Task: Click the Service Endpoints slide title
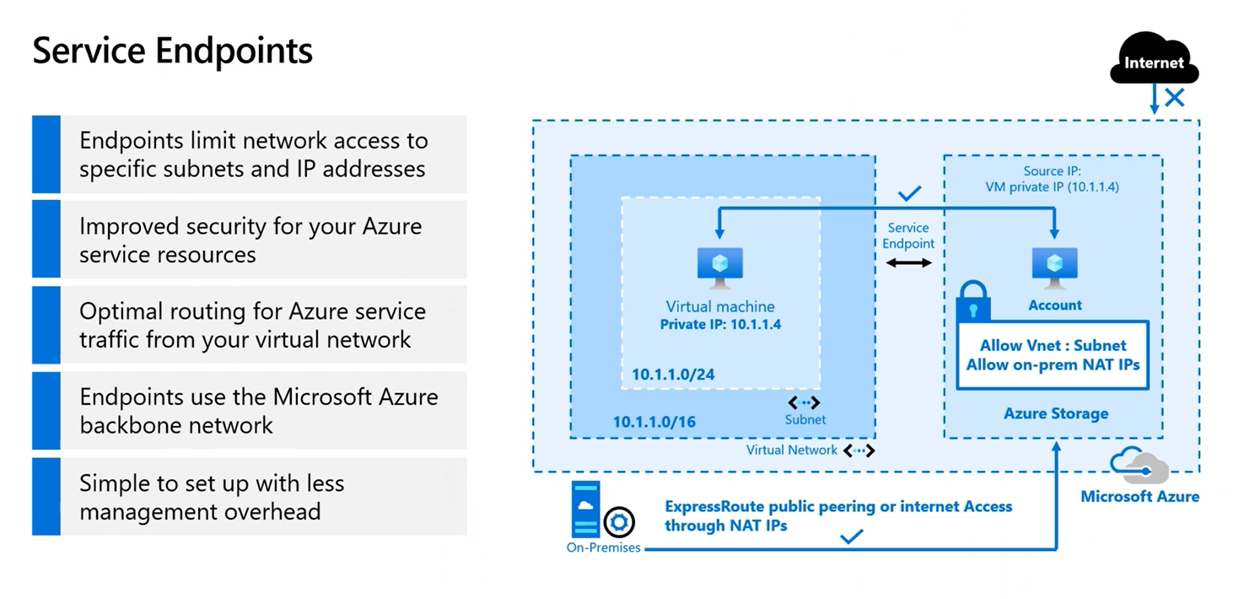[x=173, y=51]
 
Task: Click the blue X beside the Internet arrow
[x=1174, y=98]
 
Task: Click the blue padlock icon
[x=974, y=301]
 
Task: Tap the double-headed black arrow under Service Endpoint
[x=908, y=263]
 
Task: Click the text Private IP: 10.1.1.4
[x=720, y=324]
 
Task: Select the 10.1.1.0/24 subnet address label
[x=673, y=375]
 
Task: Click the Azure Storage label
[x=1055, y=413]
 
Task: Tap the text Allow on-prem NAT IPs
[x=1053, y=364]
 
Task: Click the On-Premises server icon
[x=585, y=509]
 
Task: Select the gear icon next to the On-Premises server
[x=620, y=523]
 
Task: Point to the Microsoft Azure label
[x=1139, y=496]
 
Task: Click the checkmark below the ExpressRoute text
[x=852, y=536]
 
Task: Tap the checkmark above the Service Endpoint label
[x=908, y=194]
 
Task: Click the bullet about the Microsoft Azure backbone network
[x=259, y=411]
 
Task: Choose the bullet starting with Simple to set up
[x=211, y=497]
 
